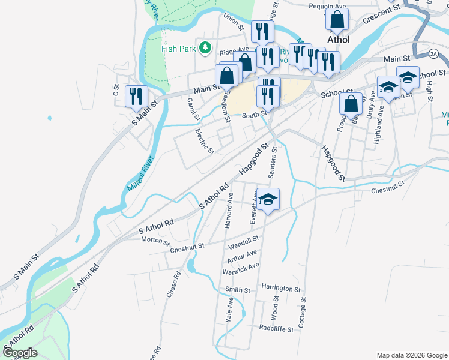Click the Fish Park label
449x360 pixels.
coord(179,47)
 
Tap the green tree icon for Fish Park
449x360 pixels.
coord(205,47)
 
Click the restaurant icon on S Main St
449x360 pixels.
coord(136,95)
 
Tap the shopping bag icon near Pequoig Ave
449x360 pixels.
coord(337,19)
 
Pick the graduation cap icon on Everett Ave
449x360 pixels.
coord(269,199)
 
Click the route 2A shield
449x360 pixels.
coord(433,54)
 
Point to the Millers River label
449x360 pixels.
coord(140,174)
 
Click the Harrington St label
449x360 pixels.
coord(281,289)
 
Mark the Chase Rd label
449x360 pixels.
coord(173,286)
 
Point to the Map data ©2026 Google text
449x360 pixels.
coord(411,355)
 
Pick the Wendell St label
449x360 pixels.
coord(243,243)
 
